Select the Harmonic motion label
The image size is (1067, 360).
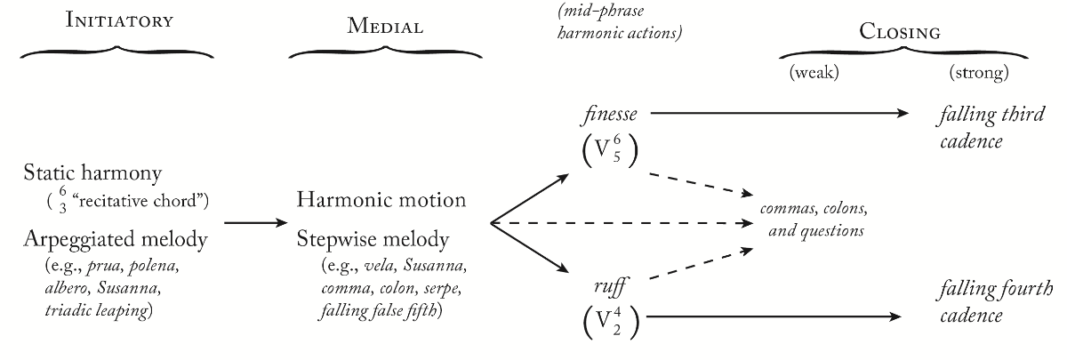381,199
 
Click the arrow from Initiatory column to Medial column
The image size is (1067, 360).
252,222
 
